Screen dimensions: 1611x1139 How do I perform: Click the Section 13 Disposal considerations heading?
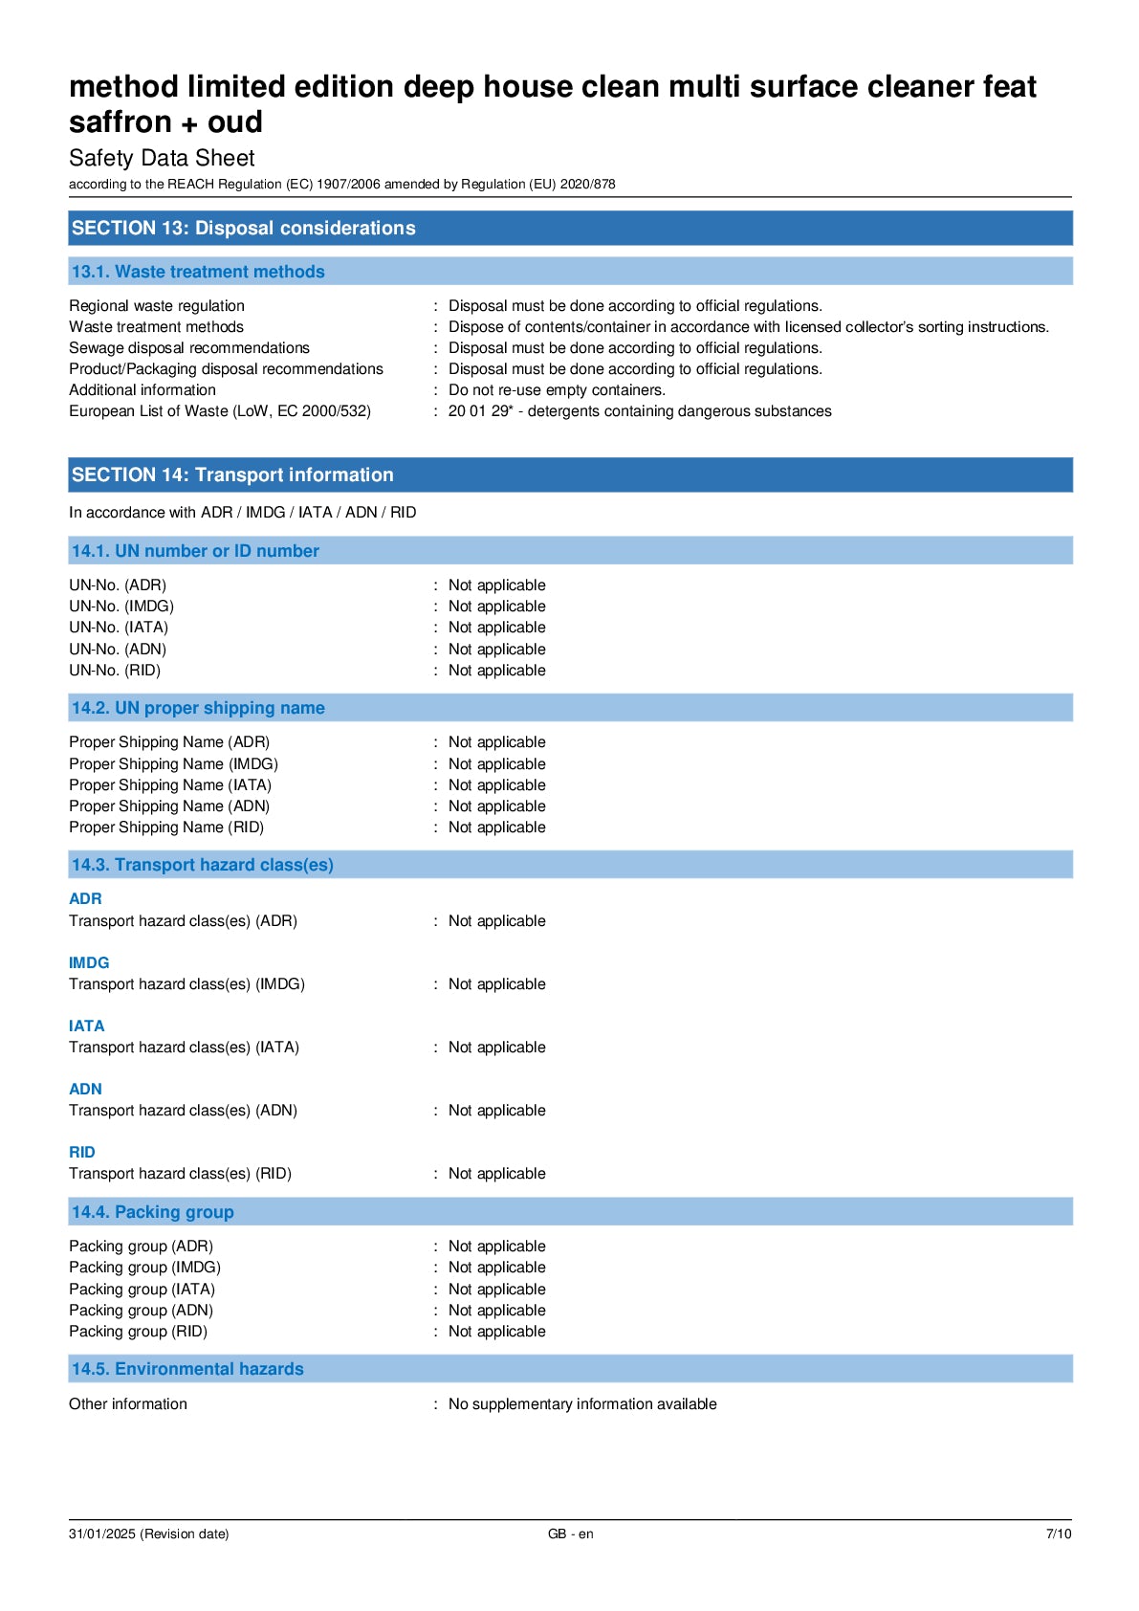(x=243, y=228)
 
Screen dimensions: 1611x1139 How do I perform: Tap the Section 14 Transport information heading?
(x=232, y=474)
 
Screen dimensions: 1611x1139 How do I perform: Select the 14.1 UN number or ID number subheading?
(x=195, y=551)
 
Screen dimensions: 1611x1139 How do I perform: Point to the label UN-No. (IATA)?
(x=119, y=628)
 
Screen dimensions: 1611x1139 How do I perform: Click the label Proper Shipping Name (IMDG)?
(x=173, y=763)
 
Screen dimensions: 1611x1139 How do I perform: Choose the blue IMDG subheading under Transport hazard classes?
(x=89, y=962)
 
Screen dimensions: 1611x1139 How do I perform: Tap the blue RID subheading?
(x=82, y=1152)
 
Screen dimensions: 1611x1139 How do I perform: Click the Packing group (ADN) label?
(x=141, y=1310)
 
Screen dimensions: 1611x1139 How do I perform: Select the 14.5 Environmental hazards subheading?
(x=187, y=1369)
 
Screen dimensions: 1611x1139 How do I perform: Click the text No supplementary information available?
(x=582, y=1403)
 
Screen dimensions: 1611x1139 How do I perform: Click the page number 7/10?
(x=1059, y=1534)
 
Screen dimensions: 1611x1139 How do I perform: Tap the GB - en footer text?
(x=570, y=1534)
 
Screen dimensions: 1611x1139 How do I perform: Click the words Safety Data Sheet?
(x=162, y=158)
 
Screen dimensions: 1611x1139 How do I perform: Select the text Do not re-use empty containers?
(x=557, y=390)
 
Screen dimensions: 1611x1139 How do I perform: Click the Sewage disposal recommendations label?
(x=189, y=348)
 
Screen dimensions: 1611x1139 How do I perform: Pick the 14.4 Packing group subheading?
(x=153, y=1212)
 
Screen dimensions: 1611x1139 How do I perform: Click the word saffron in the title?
(x=120, y=122)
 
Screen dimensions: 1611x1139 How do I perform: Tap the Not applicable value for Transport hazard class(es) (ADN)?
(x=496, y=1111)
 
